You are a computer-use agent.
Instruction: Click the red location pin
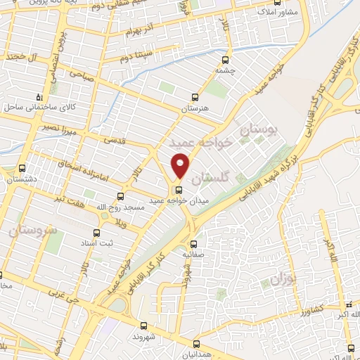[181, 165]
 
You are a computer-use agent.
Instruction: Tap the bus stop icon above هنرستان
[195, 98]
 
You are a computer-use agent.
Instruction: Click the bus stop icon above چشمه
[225, 60]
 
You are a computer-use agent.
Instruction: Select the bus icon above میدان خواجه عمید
[178, 189]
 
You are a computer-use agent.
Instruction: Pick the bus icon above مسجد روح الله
[120, 196]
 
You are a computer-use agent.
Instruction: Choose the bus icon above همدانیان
[196, 344]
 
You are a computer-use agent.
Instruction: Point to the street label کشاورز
[310, 309]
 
